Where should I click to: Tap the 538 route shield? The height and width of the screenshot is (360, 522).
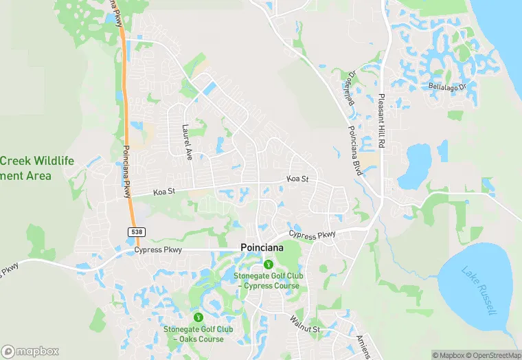coord(136,232)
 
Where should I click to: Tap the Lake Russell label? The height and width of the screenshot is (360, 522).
coord(479,291)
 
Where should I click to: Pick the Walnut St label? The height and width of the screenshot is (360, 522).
coord(304,324)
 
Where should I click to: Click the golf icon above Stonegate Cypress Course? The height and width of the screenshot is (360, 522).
coord(268,265)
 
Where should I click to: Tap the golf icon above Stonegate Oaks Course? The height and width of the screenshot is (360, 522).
coord(198,317)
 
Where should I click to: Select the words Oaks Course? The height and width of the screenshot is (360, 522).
coord(198,339)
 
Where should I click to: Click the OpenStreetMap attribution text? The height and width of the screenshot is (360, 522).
coord(492,355)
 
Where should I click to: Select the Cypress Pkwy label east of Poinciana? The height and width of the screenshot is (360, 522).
coord(313,235)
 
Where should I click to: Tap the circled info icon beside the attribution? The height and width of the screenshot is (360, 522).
coord(436,355)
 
